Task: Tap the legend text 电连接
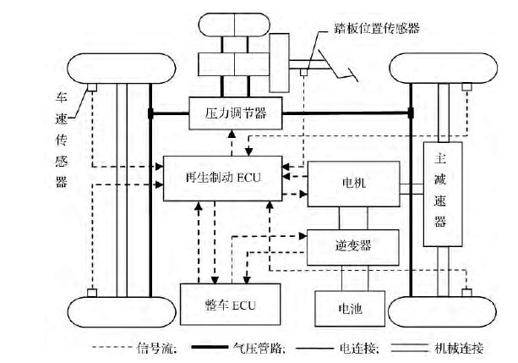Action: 363,347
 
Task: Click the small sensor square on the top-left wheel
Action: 92,88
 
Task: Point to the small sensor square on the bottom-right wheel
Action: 467,293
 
